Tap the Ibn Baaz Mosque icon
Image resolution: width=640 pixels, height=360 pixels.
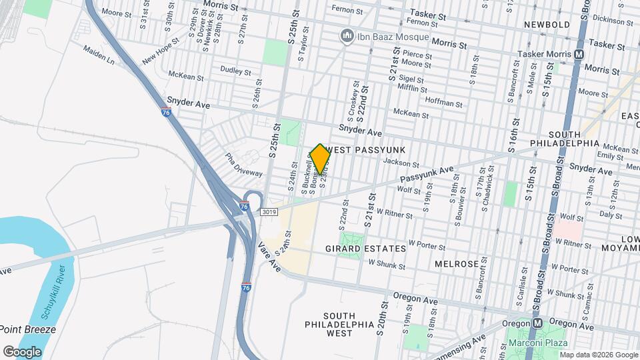(347, 36)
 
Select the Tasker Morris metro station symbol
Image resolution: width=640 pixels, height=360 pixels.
(579, 53)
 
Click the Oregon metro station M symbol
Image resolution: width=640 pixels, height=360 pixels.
(537, 323)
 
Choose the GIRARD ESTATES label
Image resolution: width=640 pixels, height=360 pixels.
(365, 249)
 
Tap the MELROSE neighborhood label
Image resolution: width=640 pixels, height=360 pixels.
(456, 264)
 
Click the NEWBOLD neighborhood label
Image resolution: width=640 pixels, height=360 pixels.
(547, 25)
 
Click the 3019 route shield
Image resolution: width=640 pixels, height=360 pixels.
(267, 212)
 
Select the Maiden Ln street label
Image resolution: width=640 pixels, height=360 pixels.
(99, 55)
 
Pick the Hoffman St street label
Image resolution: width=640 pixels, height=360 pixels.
(445, 103)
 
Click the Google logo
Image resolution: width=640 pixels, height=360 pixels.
(22, 351)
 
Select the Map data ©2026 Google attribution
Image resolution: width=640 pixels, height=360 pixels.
(598, 354)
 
